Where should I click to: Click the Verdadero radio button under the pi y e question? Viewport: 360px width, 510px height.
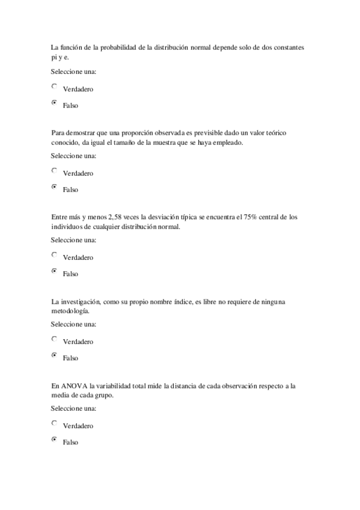click(55, 87)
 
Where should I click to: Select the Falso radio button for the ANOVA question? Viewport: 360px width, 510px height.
click(55, 440)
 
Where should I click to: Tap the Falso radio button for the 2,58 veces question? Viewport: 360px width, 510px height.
click(55, 271)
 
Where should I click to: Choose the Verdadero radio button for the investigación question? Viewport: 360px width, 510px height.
click(55, 339)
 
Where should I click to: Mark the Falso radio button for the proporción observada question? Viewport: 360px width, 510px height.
click(55, 187)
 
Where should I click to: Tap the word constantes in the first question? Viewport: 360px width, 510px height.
click(287, 47)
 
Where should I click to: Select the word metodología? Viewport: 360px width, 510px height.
click(70, 312)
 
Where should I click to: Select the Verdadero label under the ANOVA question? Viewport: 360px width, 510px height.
click(78, 426)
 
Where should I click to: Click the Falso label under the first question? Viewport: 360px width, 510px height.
click(70, 106)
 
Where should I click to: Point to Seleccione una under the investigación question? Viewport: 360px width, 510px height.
click(74, 325)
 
